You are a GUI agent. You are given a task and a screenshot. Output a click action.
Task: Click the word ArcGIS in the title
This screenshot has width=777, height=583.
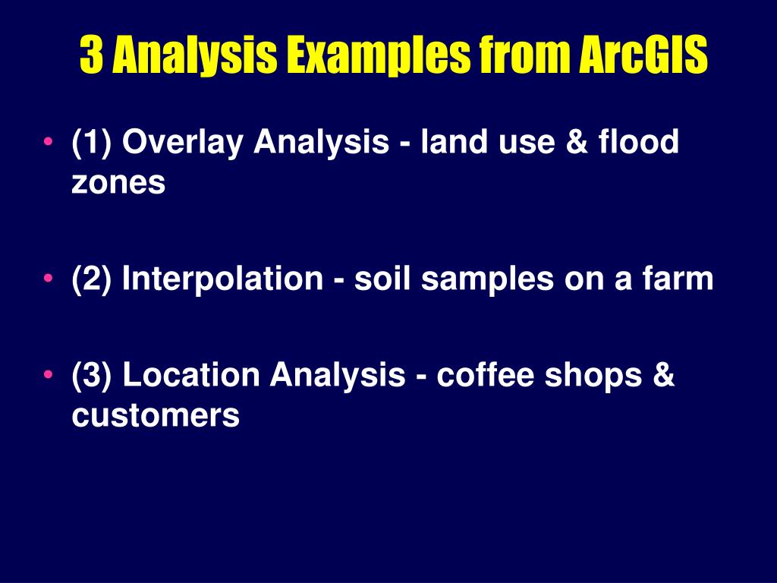643,55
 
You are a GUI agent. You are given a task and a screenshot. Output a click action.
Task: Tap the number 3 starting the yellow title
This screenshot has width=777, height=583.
91,55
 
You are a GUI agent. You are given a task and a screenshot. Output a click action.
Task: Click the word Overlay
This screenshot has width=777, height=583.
182,142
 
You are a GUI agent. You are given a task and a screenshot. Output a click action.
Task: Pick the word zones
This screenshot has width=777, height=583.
118,182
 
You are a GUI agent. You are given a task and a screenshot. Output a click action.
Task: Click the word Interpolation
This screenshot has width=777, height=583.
222,278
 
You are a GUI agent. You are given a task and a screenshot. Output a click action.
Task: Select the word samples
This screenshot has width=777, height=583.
487,279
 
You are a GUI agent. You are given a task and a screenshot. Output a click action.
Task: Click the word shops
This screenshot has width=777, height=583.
593,375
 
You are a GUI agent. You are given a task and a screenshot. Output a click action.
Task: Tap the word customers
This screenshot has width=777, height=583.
156,415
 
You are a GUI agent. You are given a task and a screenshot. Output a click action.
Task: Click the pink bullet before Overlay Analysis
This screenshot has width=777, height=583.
48,140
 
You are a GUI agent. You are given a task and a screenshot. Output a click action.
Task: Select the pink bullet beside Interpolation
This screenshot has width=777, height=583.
48,278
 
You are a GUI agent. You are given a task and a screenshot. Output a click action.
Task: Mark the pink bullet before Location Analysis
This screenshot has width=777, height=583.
48,373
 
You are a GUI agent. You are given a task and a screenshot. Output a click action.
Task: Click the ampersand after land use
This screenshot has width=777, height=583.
577,141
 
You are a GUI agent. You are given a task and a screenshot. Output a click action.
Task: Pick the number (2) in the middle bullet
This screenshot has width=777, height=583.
92,279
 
